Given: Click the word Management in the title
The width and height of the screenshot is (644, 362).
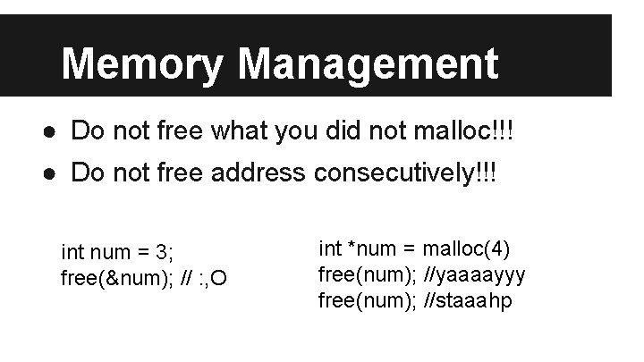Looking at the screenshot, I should coord(369,64).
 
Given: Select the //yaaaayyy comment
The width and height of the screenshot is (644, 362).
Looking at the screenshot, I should coord(475,274).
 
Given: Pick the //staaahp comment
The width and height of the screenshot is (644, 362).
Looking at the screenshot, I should coord(469,299).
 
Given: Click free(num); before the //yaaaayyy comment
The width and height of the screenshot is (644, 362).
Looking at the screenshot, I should coord(367,274).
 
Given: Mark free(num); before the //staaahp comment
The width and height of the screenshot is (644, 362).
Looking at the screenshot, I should coord(367,299).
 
